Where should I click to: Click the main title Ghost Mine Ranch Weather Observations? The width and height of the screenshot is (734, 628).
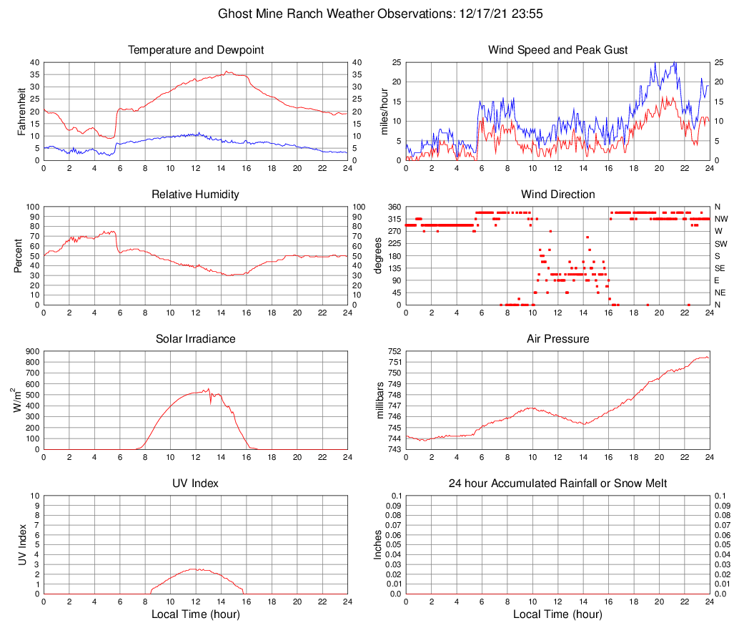367,14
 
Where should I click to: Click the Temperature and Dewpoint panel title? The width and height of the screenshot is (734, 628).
196,50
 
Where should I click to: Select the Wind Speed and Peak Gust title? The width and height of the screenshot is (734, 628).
557,50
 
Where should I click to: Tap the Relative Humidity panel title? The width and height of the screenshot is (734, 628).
196,195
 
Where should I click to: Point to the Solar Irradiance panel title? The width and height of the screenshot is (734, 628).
196,339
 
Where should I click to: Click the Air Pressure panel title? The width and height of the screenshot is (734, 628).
557,339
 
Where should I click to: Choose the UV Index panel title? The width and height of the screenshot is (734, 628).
196,484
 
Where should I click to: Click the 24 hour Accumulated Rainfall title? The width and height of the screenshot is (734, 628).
557,484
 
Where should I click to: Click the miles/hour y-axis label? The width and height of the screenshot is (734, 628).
384,111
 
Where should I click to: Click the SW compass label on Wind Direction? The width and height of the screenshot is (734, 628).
720,244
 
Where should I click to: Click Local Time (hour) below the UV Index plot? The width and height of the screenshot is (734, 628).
196,615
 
